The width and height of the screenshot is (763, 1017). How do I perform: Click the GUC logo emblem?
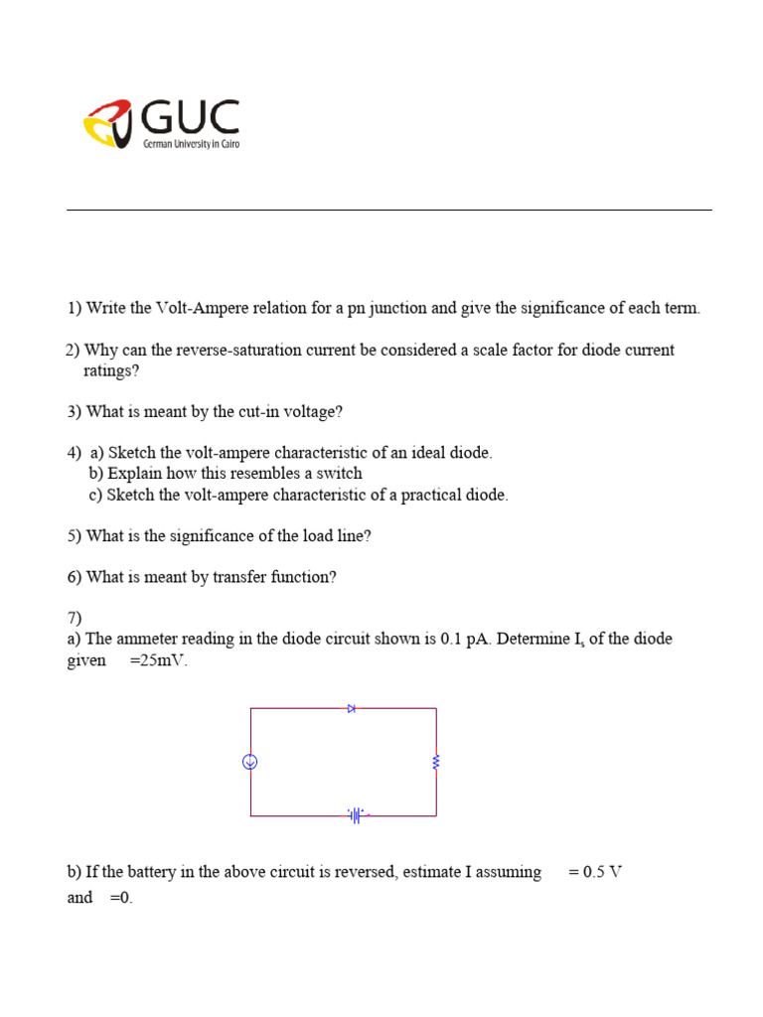click(x=108, y=123)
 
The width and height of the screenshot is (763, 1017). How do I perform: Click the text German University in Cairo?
click(x=192, y=144)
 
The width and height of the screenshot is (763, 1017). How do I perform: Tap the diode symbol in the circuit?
click(x=352, y=708)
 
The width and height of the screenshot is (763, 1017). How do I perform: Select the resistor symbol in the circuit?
click(x=436, y=762)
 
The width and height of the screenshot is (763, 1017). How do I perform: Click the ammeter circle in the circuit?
click(x=250, y=762)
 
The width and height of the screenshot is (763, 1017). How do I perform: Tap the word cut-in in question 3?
click(x=259, y=411)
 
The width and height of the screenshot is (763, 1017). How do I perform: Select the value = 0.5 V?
click(x=595, y=872)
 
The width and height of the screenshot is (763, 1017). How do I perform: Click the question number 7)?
click(x=75, y=618)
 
